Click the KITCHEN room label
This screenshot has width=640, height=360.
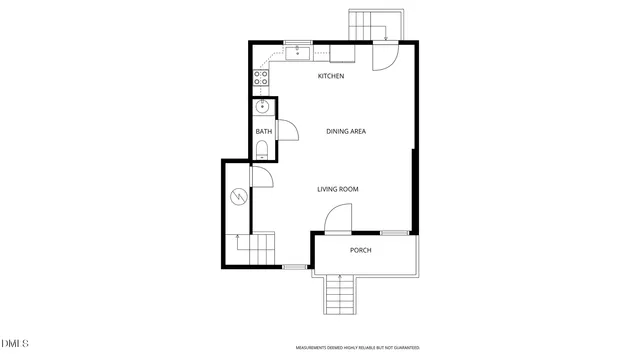[331, 77]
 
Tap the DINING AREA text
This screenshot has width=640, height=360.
[345, 131]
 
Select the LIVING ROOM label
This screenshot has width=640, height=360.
[338, 189]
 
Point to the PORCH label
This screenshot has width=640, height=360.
[360, 250]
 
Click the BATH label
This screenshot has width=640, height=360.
[263, 131]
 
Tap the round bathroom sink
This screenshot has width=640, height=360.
[263, 108]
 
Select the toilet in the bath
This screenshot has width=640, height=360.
[261, 151]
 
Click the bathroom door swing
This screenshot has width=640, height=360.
[286, 131]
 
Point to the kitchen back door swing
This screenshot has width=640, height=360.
[382, 57]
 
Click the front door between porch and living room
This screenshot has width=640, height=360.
[339, 219]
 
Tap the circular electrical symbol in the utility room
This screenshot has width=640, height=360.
[238, 196]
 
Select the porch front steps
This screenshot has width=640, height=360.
[340, 293]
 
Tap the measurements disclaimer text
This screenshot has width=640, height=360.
[357, 348]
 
